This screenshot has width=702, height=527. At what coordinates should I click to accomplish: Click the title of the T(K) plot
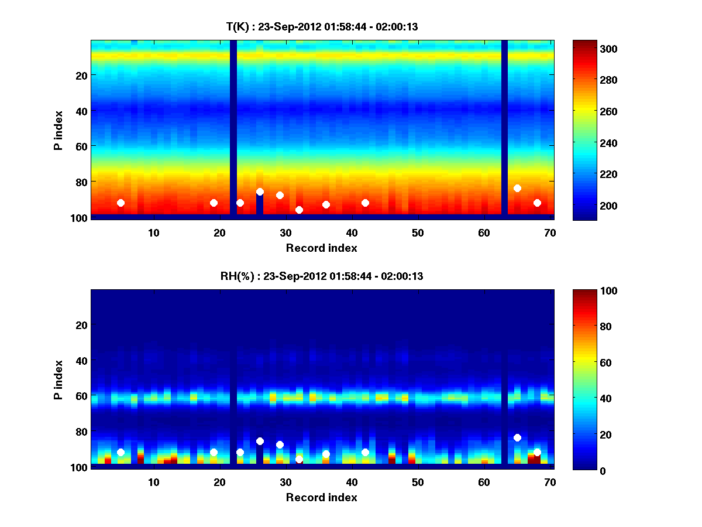322,26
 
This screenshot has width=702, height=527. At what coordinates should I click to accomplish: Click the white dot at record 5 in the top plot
121,203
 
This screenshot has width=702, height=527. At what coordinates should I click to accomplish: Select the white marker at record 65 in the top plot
517,188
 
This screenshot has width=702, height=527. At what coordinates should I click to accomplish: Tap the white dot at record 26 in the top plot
260,191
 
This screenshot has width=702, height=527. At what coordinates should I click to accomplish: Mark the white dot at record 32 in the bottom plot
299,459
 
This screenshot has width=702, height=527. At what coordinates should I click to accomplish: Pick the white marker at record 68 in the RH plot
537,452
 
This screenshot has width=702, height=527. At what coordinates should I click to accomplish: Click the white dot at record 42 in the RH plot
365,452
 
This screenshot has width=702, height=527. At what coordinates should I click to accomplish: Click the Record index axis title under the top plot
322,248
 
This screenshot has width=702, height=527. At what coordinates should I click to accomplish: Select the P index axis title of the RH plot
58,379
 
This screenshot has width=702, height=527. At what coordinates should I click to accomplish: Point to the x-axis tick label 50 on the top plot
418,232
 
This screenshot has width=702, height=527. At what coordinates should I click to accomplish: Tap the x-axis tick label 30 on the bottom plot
285,482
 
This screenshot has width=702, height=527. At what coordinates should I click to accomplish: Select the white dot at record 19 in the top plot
214,203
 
